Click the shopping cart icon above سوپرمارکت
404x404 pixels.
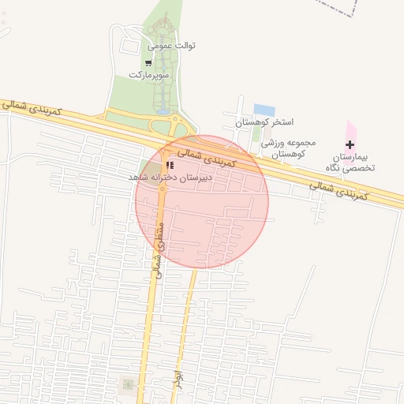point(148,62)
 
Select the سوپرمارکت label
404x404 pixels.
point(149,74)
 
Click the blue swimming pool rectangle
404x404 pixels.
point(264,110)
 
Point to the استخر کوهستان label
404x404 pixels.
point(265,123)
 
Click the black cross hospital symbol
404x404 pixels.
point(350,144)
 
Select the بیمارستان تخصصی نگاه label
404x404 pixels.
point(351,163)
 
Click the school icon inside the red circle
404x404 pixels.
point(170,166)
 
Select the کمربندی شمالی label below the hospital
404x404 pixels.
point(338,190)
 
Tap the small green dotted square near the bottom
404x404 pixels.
point(127,384)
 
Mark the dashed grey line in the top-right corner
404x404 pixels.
point(340,7)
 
